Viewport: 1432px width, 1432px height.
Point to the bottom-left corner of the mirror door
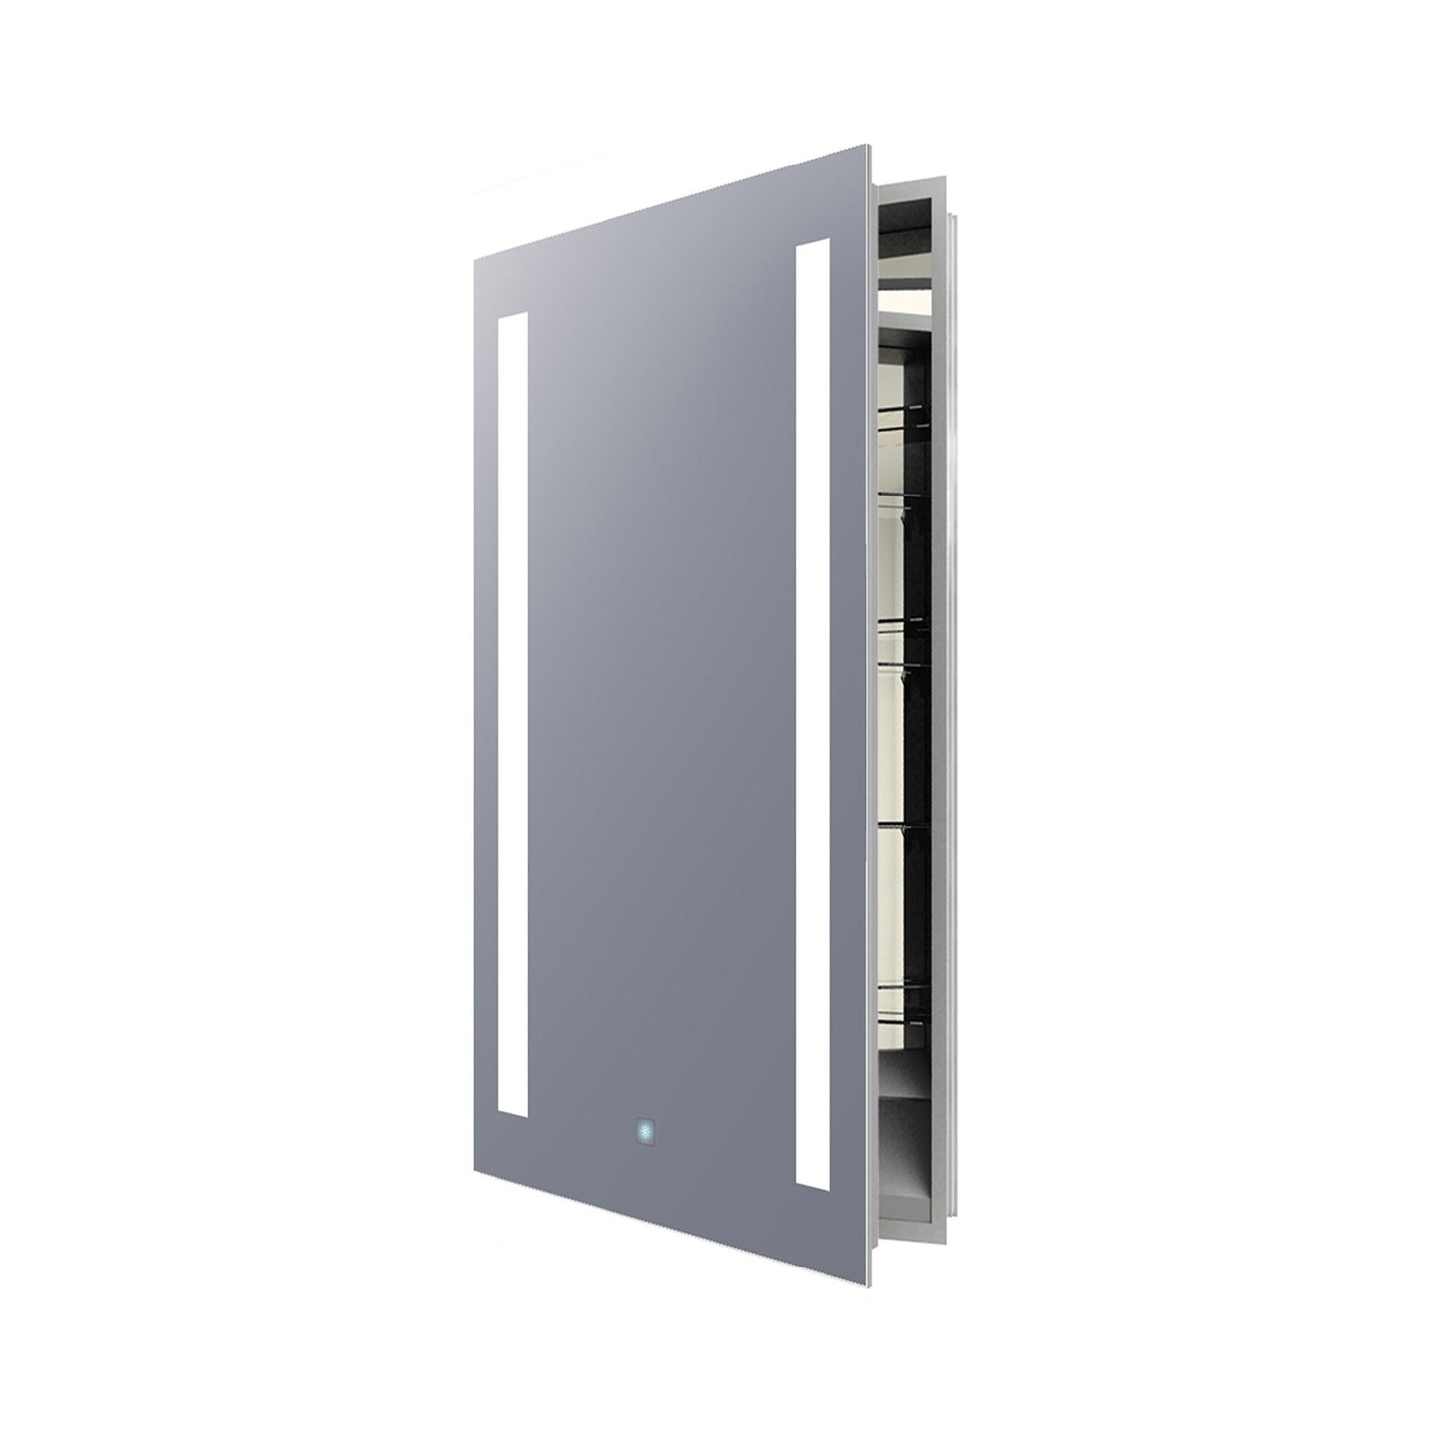click(x=476, y=1158)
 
